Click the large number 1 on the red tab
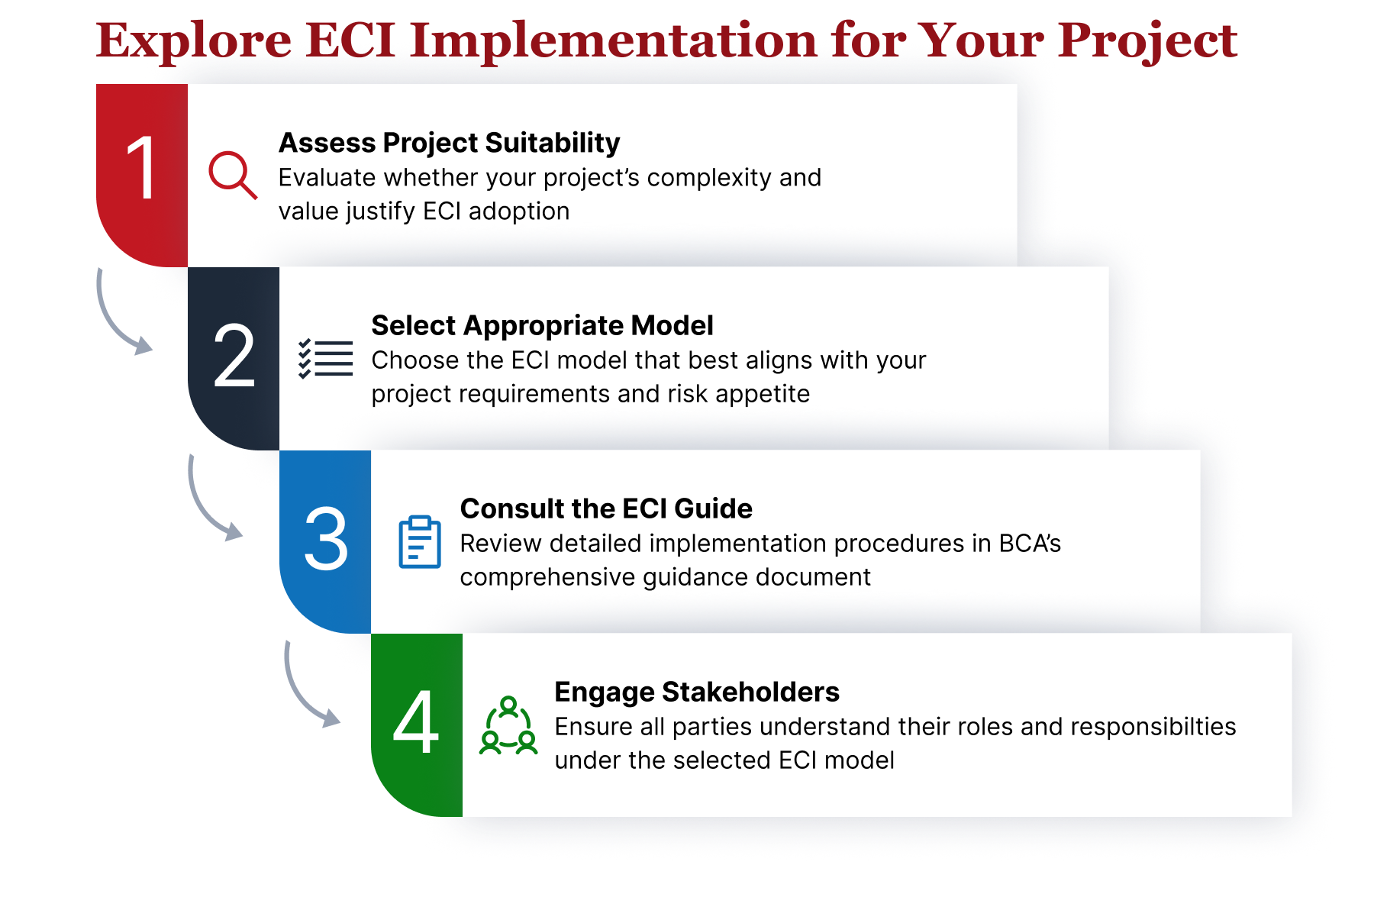click(x=142, y=169)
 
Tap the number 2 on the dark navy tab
click(x=234, y=356)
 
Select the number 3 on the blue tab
click(x=326, y=539)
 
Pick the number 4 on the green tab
click(x=416, y=722)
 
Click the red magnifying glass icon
click(x=232, y=175)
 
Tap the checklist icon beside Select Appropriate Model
click(x=326, y=358)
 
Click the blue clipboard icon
click(x=419, y=542)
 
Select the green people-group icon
click(x=508, y=725)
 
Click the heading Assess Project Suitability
click(x=449, y=143)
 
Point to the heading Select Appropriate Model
click(x=542, y=326)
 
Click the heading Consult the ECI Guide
click(x=606, y=509)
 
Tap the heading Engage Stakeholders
click(x=696, y=692)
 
